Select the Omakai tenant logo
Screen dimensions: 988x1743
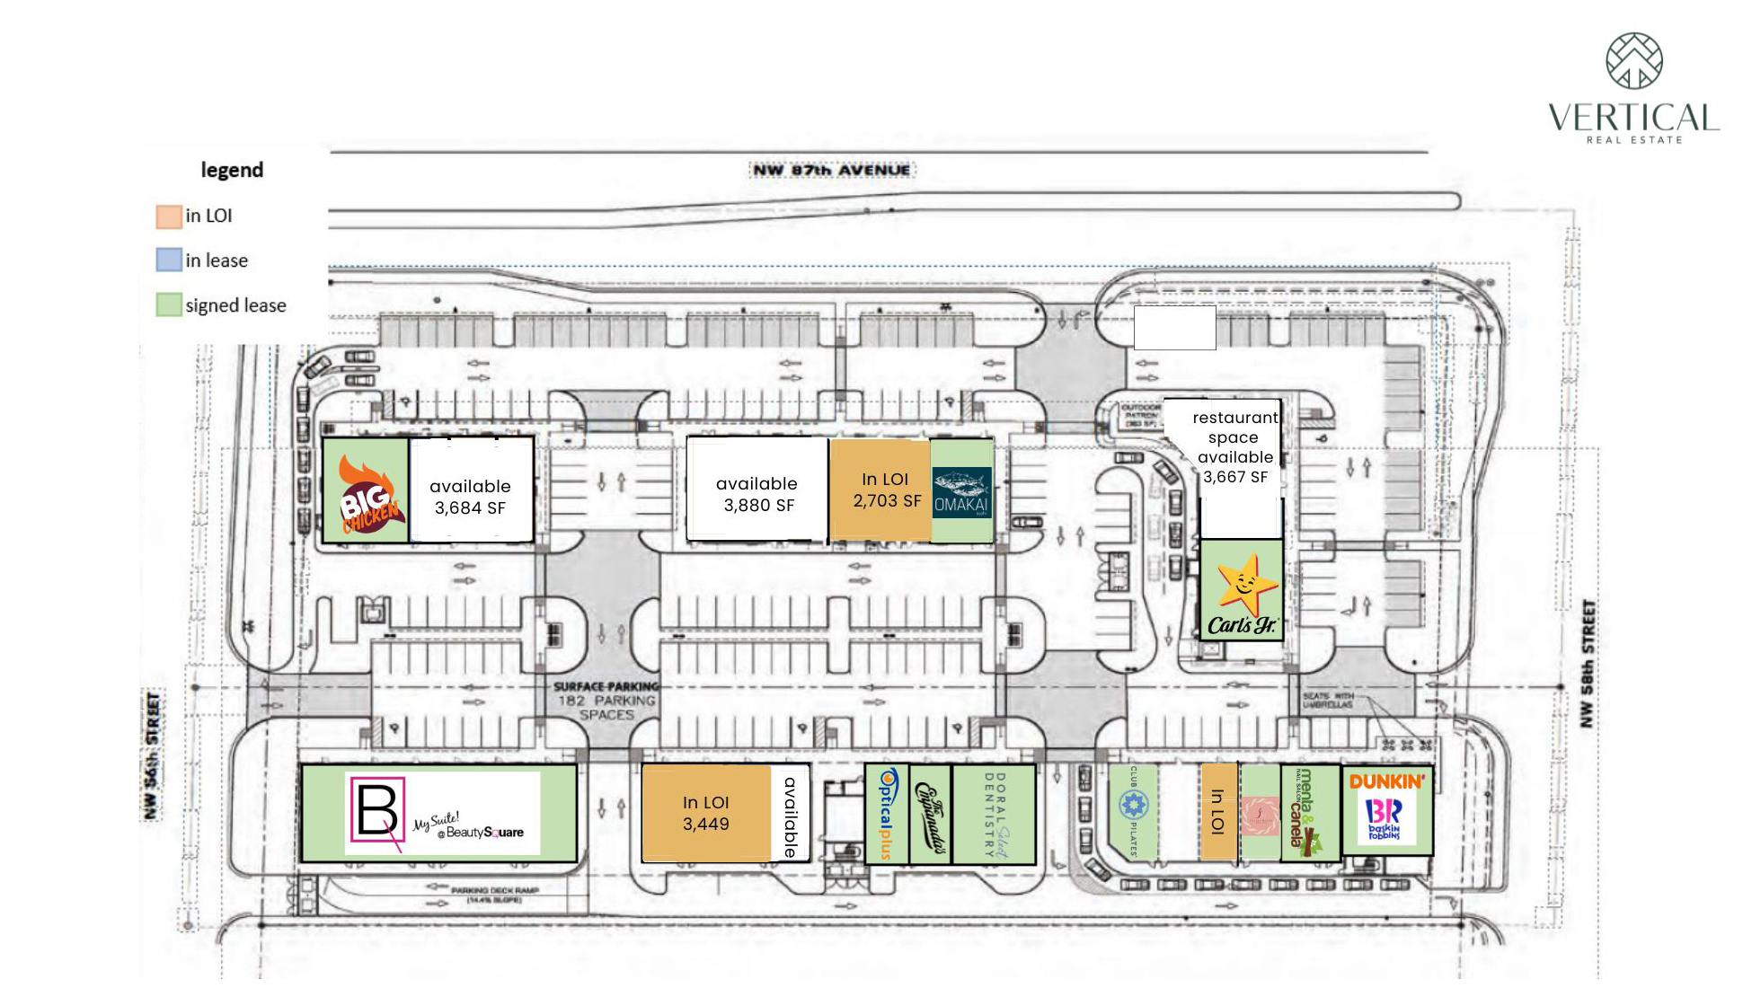pyautogui.click(x=961, y=492)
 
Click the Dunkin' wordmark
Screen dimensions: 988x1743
pyautogui.click(x=1386, y=781)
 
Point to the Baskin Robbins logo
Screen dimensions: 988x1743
pyautogui.click(x=1384, y=819)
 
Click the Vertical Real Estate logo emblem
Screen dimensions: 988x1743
pyautogui.click(x=1633, y=61)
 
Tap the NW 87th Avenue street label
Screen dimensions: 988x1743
pyautogui.click(x=830, y=170)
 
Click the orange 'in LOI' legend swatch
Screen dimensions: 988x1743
pyautogui.click(x=169, y=216)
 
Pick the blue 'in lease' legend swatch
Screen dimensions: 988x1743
pyautogui.click(x=169, y=260)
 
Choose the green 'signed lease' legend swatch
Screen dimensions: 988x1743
pyautogui.click(x=169, y=305)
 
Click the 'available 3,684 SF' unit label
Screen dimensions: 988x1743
pyautogui.click(x=470, y=497)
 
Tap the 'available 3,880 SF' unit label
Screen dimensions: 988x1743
pyautogui.click(x=757, y=494)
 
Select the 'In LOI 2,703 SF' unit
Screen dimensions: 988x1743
pyautogui.click(x=886, y=490)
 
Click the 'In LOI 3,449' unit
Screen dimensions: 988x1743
pyautogui.click(x=706, y=814)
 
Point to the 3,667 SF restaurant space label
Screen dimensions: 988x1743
pyautogui.click(x=1235, y=447)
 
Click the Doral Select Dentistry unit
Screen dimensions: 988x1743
pyautogui.click(x=994, y=814)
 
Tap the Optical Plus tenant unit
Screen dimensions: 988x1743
pyautogui.click(x=887, y=814)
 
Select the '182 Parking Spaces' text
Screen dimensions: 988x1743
pyautogui.click(x=606, y=701)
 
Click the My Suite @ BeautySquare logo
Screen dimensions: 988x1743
pyautogui.click(x=442, y=814)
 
